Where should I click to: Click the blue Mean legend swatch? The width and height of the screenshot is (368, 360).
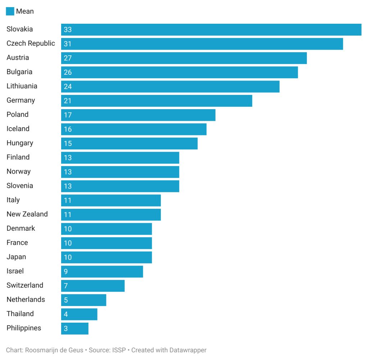pos(10,11)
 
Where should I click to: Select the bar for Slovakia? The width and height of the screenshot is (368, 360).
pos(211,29)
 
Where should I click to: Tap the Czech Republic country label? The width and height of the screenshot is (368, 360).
pos(31,43)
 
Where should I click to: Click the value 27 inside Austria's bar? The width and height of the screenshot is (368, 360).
pos(68,58)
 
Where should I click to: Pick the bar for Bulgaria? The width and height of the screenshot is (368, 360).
pos(180,72)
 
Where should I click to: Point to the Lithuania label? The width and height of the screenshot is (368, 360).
pos(22,86)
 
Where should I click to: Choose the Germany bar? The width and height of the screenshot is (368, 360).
pos(156,101)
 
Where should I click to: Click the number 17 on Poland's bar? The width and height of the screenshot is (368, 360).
pos(68,115)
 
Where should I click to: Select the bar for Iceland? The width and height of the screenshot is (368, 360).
pos(134,129)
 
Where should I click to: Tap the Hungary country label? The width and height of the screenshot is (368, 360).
pos(20,143)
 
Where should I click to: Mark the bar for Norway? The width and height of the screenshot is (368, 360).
pos(120,172)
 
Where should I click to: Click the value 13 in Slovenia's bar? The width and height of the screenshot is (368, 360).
pos(68,186)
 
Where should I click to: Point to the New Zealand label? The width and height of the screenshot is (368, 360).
pos(27,214)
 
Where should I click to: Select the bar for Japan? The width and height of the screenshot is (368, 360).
pos(106,257)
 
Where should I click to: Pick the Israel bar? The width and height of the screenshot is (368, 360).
pos(102,271)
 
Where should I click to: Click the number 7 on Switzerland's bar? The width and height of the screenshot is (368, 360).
pos(66,286)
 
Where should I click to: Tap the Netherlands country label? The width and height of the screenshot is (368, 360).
pos(26,300)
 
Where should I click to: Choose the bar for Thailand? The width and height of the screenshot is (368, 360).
pos(79,314)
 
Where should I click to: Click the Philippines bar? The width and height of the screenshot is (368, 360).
pos(75,328)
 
